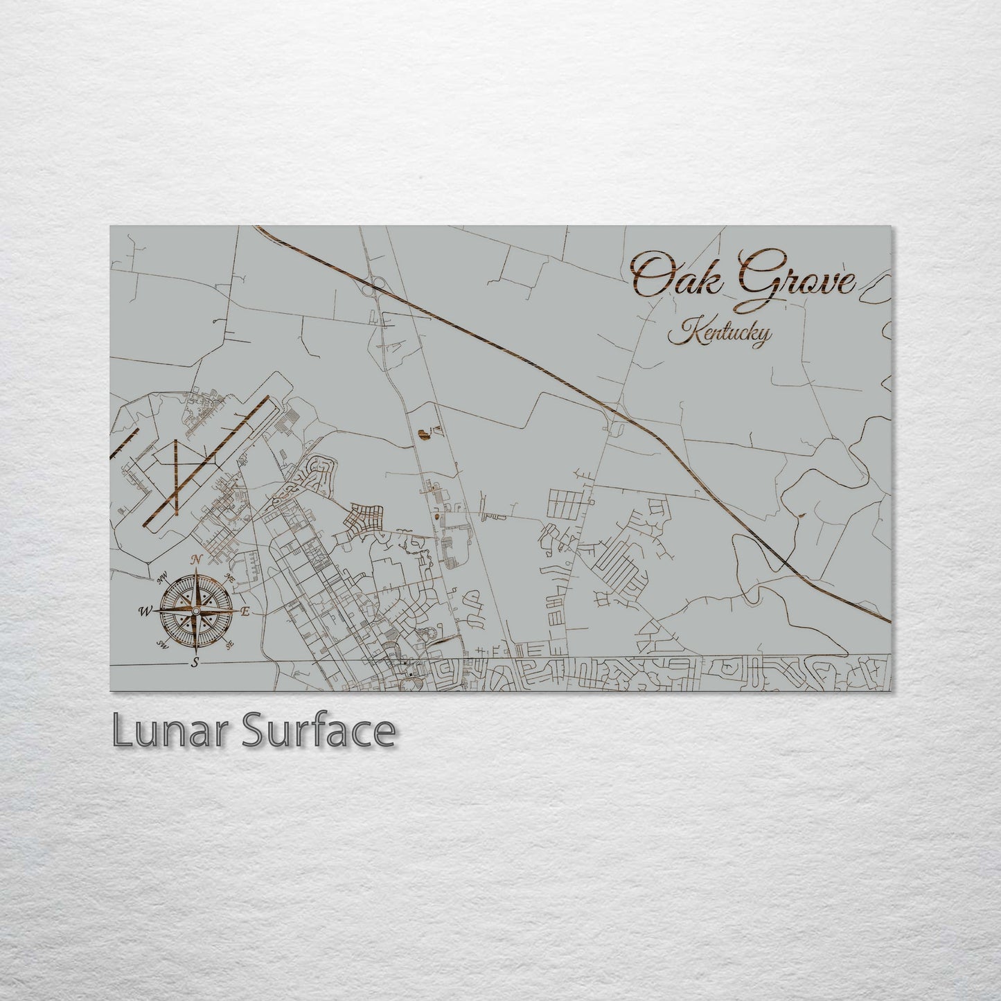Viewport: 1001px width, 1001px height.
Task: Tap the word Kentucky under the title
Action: coord(719,334)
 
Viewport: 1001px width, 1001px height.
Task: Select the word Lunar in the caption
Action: coord(169,731)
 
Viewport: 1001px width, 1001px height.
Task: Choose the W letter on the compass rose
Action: coord(145,611)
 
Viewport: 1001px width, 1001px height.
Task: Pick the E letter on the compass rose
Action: coord(245,611)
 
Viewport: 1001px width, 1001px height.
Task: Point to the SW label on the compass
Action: coord(163,644)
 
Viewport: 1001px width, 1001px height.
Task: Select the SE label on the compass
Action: coord(229,644)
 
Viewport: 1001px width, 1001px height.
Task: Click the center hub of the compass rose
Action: coord(195,610)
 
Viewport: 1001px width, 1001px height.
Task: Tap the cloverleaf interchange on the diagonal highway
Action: coord(378,283)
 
